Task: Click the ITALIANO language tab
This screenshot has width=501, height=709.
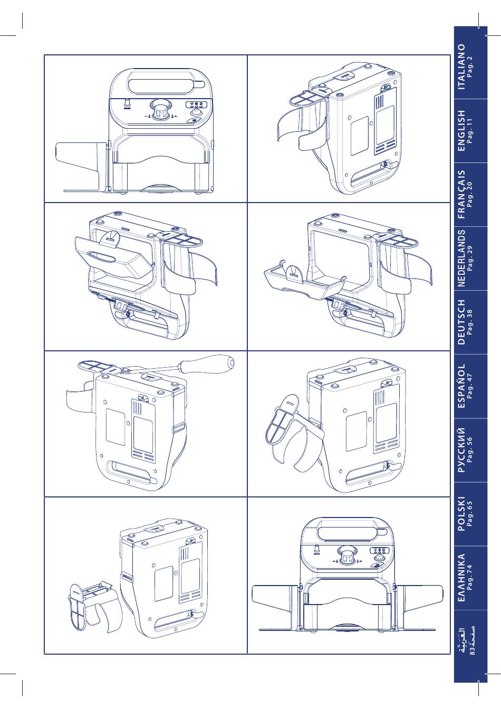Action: point(461,66)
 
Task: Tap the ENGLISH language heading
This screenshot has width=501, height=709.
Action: point(461,130)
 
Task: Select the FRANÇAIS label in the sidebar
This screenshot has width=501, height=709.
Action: point(461,194)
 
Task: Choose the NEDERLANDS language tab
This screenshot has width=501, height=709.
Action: point(461,258)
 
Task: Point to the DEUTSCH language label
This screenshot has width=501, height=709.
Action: point(461,322)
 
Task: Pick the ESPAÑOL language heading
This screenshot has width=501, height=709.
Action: point(461,386)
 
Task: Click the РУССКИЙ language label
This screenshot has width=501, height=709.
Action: point(461,450)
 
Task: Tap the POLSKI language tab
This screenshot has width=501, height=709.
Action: point(461,513)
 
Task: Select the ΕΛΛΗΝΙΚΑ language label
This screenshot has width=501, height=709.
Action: point(461,577)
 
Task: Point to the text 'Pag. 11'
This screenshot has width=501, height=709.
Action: point(470,130)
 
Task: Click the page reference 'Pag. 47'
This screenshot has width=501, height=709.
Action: point(470,386)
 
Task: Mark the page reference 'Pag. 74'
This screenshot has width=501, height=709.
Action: point(470,577)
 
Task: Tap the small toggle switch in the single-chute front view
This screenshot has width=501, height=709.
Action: point(128,102)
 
